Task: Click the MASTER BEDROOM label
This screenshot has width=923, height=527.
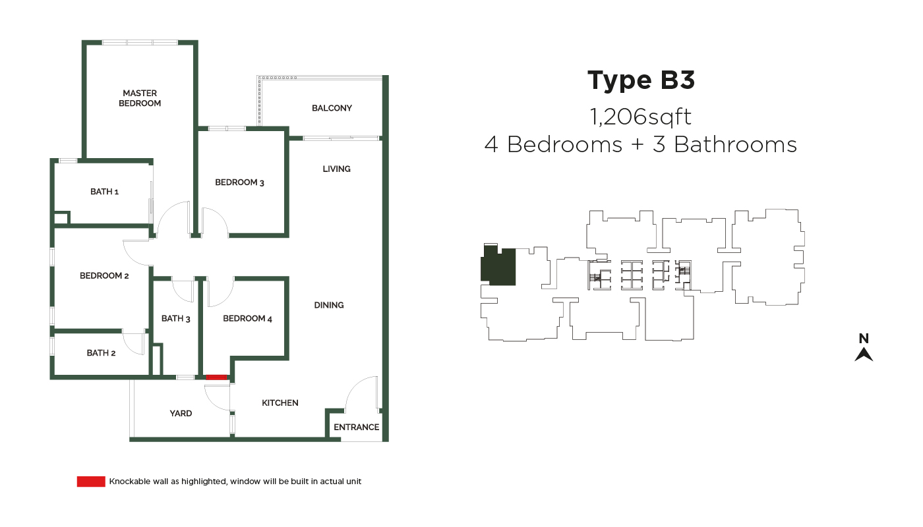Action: (x=140, y=98)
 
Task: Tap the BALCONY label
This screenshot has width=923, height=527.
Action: (x=332, y=108)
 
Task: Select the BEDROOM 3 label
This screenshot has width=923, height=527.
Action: (x=239, y=182)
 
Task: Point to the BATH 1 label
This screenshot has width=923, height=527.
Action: (x=104, y=192)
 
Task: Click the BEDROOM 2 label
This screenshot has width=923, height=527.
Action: (x=104, y=276)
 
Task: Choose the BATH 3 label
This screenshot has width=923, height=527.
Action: (x=175, y=319)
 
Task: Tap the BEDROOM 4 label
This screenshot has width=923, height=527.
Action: (x=247, y=319)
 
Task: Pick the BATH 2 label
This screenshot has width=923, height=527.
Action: (x=101, y=353)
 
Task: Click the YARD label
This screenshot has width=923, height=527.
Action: (x=181, y=414)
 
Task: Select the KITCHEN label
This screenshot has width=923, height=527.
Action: (x=280, y=403)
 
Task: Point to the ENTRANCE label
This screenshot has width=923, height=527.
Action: (x=357, y=428)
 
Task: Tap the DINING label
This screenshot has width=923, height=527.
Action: (x=329, y=306)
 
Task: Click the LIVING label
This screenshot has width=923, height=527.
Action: (x=337, y=169)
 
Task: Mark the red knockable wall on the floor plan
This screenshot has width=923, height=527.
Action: (x=216, y=377)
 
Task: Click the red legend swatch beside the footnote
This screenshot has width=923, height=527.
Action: (x=91, y=482)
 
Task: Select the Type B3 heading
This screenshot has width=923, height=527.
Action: (x=641, y=80)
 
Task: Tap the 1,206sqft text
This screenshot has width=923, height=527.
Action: (x=640, y=117)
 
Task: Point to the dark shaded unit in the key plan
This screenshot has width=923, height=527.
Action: (x=498, y=266)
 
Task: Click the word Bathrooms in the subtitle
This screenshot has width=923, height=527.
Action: (x=735, y=145)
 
